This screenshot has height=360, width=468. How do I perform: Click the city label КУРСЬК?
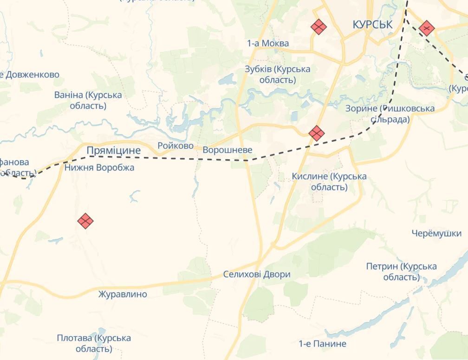[x=372, y=25]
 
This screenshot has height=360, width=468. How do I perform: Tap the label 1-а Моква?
[x=267, y=44]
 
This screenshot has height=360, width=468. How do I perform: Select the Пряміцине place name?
[x=113, y=150]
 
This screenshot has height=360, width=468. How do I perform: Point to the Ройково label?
[x=175, y=146]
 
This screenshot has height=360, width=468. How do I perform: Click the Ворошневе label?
[x=227, y=150]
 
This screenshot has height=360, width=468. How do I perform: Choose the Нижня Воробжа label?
[x=99, y=168]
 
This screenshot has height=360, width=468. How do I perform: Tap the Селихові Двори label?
[x=256, y=275]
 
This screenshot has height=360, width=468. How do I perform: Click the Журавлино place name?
[x=123, y=294]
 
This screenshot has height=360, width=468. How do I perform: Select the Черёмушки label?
[x=436, y=234]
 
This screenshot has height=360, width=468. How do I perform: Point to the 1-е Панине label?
[x=322, y=344]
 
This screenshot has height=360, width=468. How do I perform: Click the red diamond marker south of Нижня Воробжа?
[x=85, y=221]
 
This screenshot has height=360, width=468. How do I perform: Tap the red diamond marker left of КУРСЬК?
[x=318, y=27]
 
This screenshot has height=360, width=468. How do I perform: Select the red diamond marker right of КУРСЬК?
[x=426, y=28]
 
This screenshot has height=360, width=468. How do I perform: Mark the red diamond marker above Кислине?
[x=316, y=134]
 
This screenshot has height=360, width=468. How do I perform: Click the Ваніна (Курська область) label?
[x=88, y=100]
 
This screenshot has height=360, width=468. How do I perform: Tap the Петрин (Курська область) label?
[x=401, y=272]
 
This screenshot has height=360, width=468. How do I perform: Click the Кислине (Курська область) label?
[x=329, y=182]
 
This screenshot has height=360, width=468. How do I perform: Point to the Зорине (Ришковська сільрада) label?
[x=390, y=114]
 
